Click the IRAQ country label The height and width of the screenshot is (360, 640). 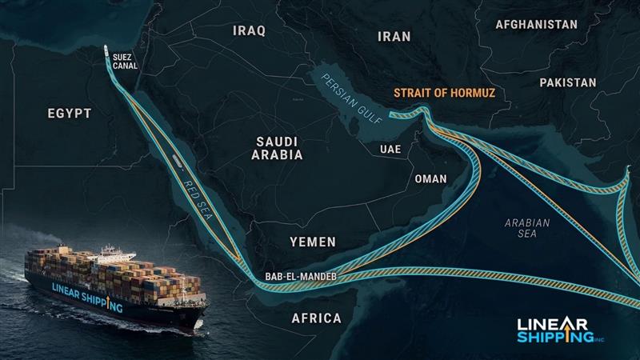249,30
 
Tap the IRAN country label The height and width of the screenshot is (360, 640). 394,36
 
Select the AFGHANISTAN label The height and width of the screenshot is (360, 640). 536,24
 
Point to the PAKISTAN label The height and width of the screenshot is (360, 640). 567,82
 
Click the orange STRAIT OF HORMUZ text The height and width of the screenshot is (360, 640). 444,94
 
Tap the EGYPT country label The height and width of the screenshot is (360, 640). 70,114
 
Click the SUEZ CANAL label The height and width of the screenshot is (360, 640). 126,61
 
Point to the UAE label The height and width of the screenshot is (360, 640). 390,150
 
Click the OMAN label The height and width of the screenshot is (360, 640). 430,178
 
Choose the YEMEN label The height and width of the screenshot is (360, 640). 313,241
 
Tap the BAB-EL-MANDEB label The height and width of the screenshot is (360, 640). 300,277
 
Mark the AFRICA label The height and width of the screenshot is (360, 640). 316,318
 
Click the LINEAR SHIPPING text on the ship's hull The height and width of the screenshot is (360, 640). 86,296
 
